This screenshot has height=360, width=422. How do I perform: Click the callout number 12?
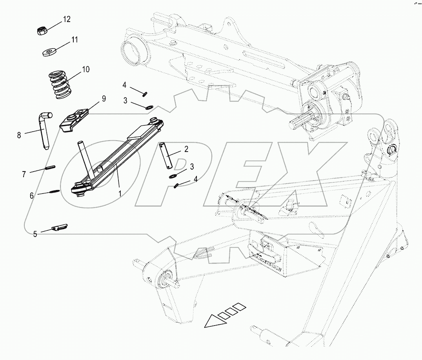[x=67, y=19]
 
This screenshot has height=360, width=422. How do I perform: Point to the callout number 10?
[x=85, y=70]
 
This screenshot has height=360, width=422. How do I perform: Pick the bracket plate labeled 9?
[x=74, y=119]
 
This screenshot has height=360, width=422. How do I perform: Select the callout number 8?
[x=19, y=135]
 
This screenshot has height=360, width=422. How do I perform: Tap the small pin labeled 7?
[x=49, y=168]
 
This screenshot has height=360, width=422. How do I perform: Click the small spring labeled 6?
[x=54, y=192]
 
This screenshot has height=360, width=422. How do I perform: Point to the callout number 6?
[x=32, y=195]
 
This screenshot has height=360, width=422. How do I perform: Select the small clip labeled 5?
[x=60, y=227]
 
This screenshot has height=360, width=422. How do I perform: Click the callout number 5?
[x=35, y=234]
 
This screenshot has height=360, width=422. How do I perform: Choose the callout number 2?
[x=186, y=149]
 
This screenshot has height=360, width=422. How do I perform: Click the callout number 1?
[x=120, y=193]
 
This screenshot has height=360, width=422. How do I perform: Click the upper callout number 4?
[x=124, y=85]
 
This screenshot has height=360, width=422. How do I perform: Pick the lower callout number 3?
[x=192, y=167]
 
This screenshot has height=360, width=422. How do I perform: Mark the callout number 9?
[x=104, y=99]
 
